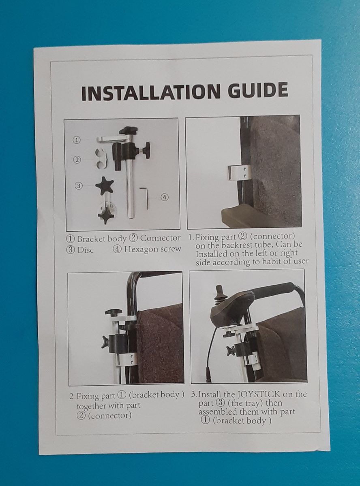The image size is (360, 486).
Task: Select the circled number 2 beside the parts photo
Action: coord(77,160)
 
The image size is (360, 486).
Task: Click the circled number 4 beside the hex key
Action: coord(165,197)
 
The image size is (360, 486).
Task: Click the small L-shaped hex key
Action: coord(145,198)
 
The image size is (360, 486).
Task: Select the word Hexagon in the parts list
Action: coord(139,249)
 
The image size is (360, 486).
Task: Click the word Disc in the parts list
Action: coord(86,250)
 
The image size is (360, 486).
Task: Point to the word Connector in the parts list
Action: coord(161,238)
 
